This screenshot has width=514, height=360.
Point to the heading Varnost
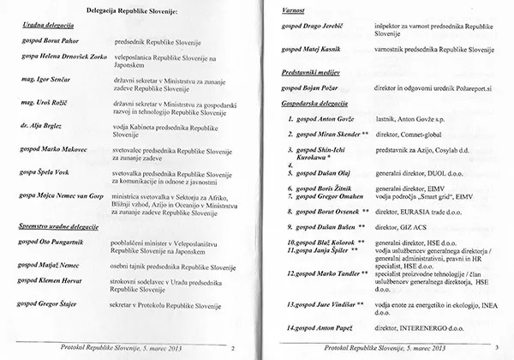point(296,9)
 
